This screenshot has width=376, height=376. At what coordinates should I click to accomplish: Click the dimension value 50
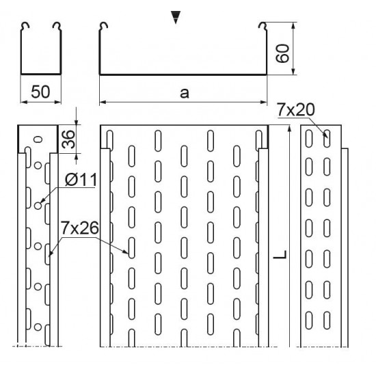point(40,92)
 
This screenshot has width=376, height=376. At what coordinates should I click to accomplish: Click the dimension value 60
point(282,53)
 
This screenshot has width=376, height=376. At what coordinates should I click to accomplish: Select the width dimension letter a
point(184,93)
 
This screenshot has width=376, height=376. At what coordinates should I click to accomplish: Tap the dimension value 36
point(68,139)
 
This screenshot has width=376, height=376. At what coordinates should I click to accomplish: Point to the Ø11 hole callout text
point(81,180)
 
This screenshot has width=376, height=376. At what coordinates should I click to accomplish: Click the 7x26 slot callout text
point(79,228)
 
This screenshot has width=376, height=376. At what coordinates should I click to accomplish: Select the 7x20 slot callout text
point(295,109)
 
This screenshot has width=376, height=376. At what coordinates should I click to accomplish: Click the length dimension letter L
point(280,255)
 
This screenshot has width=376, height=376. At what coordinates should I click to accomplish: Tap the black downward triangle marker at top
point(176,17)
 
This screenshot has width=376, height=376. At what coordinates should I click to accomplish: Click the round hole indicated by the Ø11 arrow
point(38,206)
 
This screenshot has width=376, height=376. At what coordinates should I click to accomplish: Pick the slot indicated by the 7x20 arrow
point(327,138)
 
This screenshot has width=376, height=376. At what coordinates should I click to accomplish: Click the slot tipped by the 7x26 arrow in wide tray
point(132,248)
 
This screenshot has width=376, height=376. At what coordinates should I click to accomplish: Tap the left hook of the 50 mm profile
point(25,25)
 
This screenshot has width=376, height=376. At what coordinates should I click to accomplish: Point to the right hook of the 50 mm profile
point(57,25)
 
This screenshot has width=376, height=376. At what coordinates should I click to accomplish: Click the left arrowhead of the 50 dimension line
point(24,102)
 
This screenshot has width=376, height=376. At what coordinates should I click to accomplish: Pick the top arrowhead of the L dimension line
point(289,129)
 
